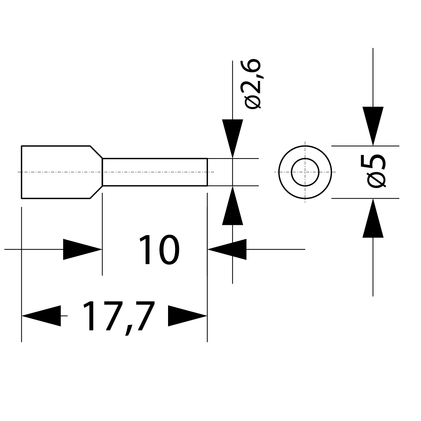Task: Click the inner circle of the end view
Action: pos(305,172)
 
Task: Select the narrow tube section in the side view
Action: pos(154,172)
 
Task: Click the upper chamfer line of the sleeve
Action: pos(96,152)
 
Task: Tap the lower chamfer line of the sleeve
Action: pos(96,192)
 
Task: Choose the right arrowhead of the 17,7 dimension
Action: pos(187,316)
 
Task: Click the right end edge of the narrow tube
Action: pos(207,172)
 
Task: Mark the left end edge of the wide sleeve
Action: pos(21,172)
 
